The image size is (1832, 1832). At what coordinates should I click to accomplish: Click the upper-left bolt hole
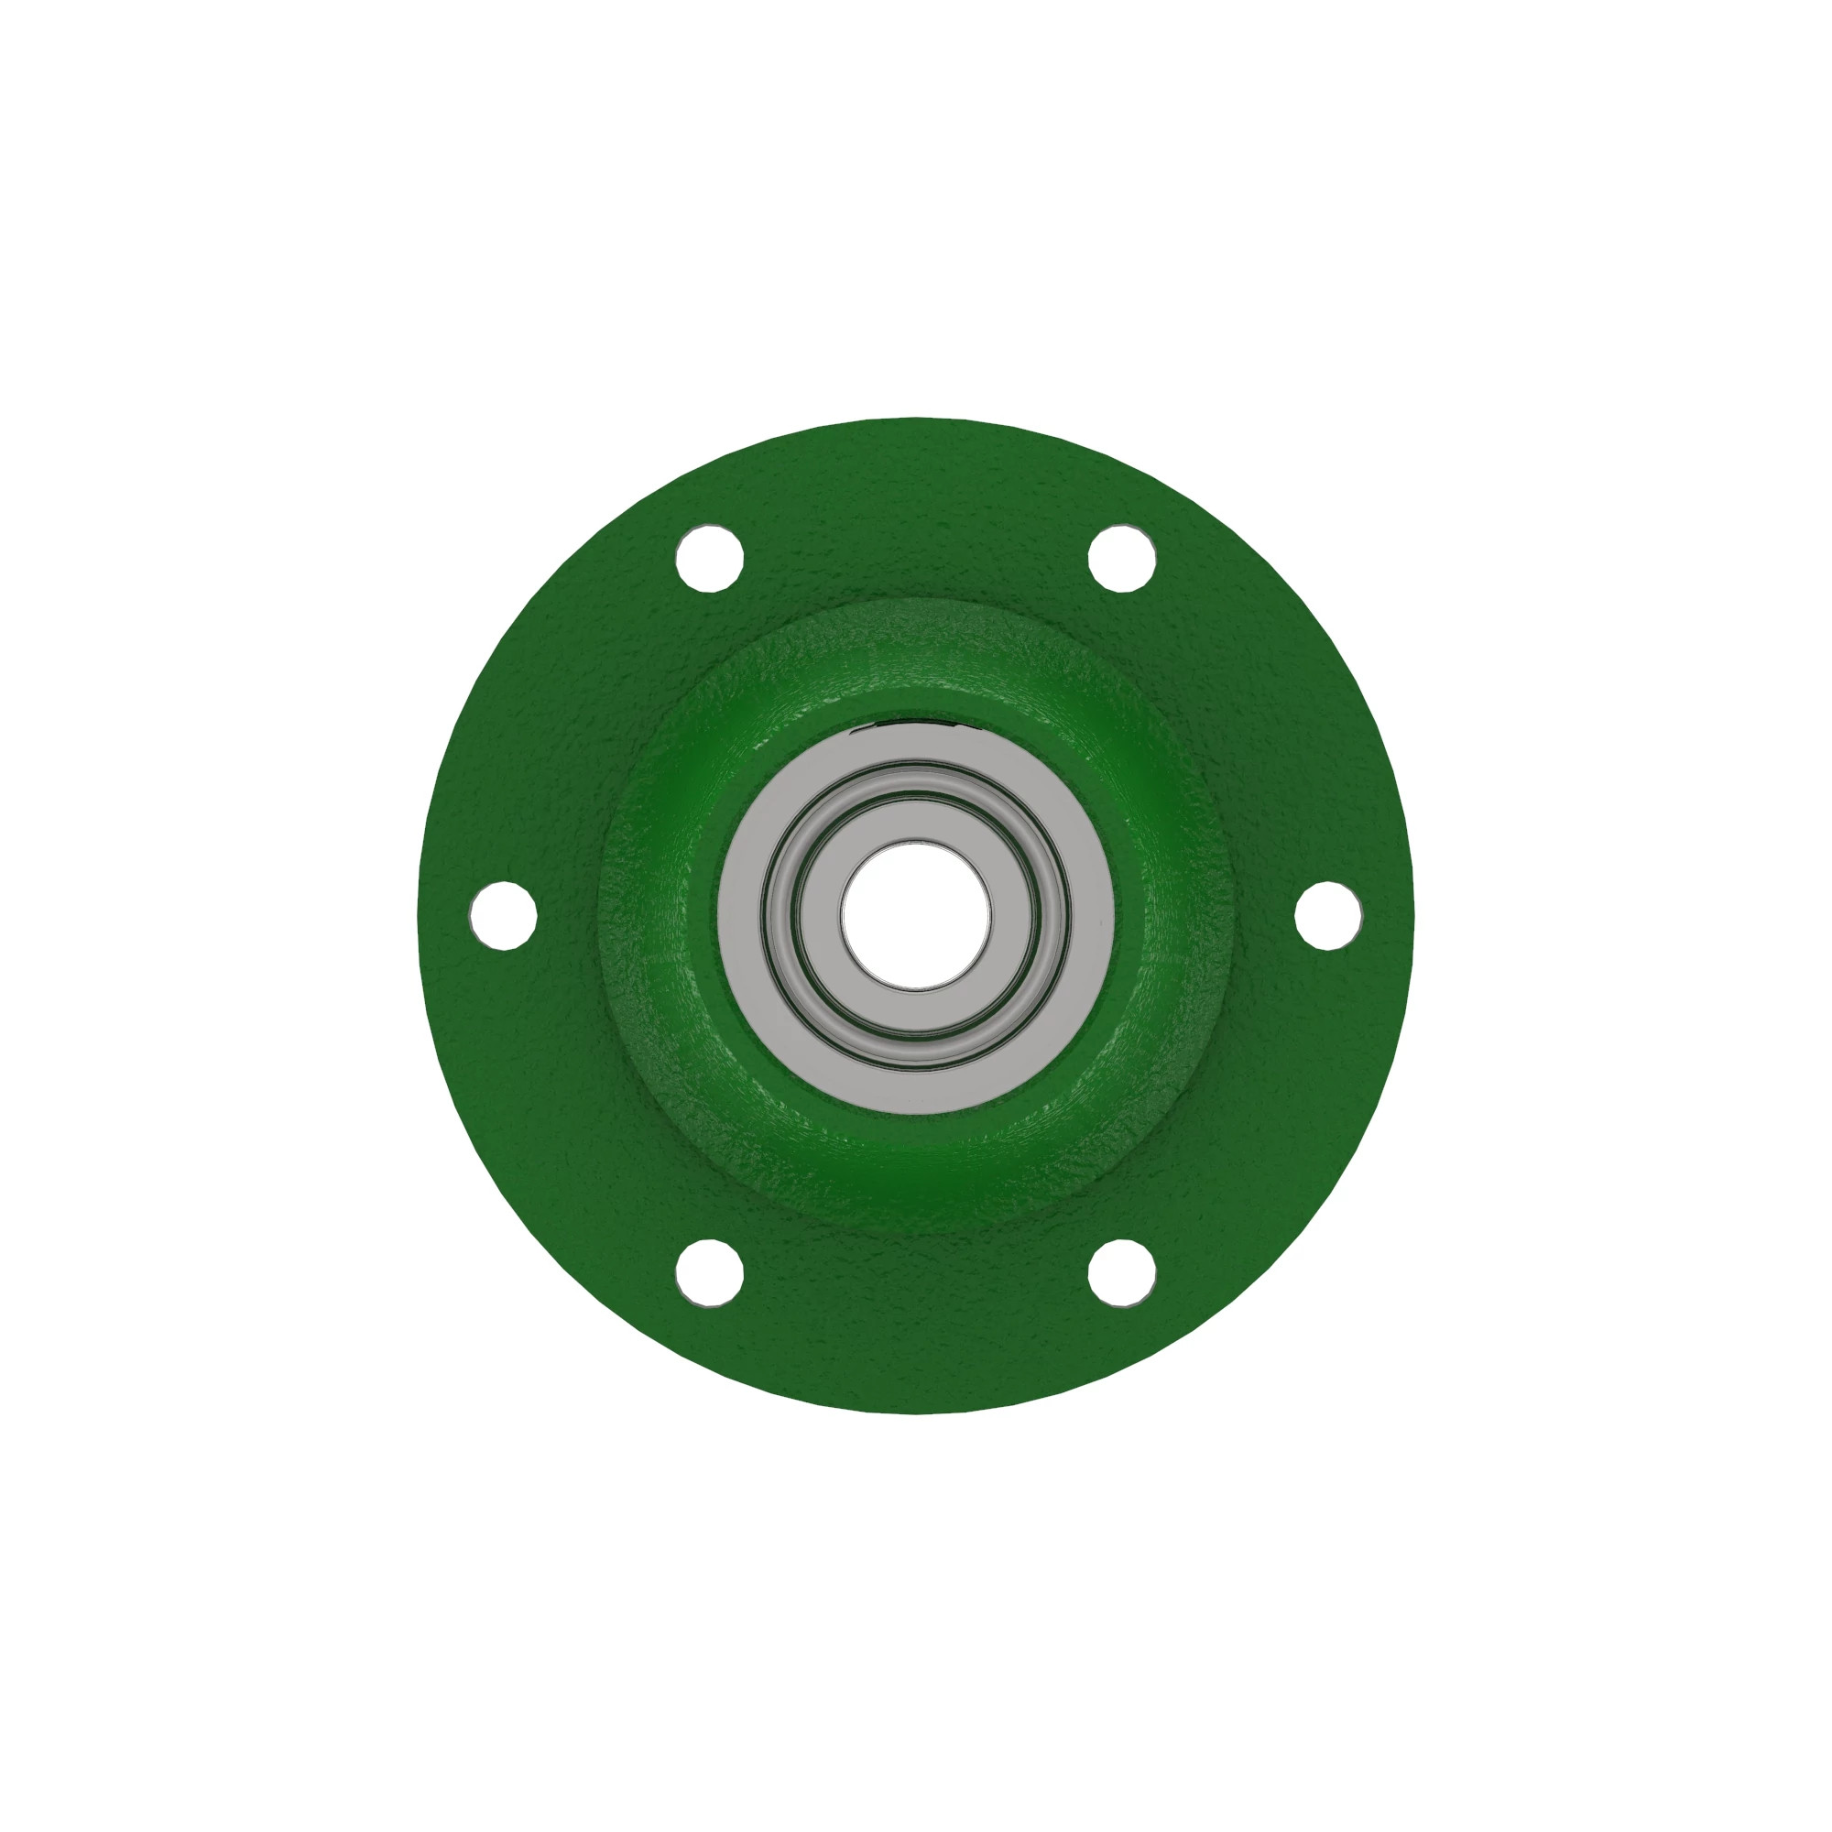pos(709,559)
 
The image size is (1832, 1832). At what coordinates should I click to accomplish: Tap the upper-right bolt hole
pos(1122,558)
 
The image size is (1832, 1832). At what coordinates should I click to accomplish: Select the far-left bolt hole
pos(504,915)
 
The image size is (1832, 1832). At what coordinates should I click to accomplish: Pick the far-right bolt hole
pos(1328,915)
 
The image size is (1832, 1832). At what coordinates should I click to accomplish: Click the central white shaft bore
pos(916,916)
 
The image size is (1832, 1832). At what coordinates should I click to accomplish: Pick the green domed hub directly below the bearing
pos(916,1166)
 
